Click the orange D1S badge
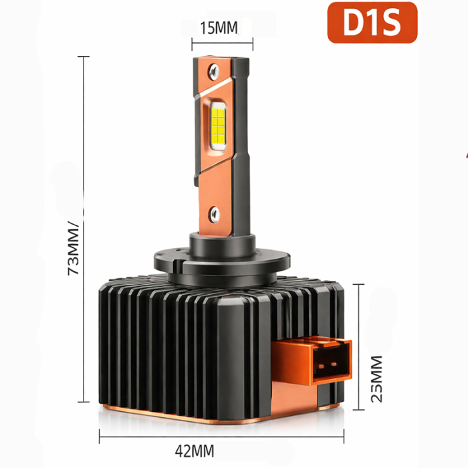(372, 23)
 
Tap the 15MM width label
(219, 27)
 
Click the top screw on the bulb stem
(214, 68)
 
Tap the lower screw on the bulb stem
(215, 213)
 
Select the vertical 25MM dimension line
(362, 344)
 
